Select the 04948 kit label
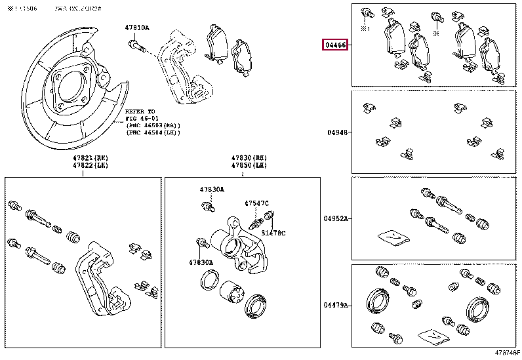336,132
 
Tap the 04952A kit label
336,218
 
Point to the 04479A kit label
336,306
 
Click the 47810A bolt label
137,28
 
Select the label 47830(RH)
247,158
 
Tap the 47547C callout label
257,203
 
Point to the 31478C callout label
273,233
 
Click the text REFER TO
140,111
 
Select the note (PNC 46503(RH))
153,125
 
